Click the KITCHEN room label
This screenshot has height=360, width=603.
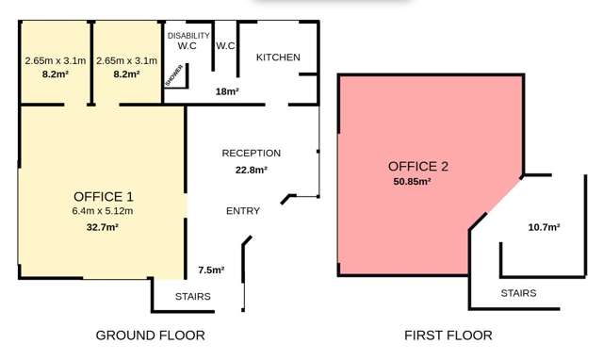point(278,57)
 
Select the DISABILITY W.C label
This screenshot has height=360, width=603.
point(188,41)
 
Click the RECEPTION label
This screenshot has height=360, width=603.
point(251,153)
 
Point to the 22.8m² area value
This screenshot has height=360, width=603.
point(251,171)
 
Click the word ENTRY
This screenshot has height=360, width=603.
point(243,211)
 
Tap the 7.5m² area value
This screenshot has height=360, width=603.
point(210,270)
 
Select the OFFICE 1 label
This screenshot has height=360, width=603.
point(103,196)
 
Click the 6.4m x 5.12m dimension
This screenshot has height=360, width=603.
point(103,211)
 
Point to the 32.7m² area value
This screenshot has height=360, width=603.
point(103,227)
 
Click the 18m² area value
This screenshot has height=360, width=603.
point(227,91)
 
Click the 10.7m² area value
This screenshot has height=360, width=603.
point(544,227)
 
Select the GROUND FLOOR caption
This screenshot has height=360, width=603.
point(151,335)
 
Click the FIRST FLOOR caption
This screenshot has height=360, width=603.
point(448,335)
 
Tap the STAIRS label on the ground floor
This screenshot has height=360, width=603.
point(193,297)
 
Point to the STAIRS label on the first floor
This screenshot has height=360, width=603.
point(519,293)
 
